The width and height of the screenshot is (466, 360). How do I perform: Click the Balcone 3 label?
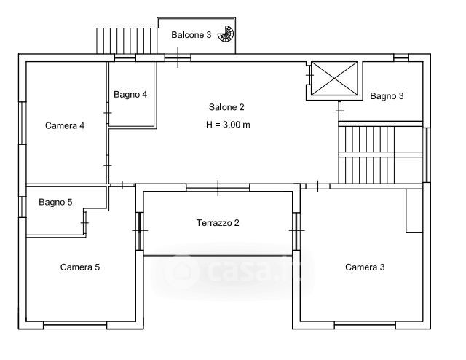(191, 35)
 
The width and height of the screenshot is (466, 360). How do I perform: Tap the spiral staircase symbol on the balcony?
(226, 34)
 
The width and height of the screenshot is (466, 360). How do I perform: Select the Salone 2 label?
(226, 107)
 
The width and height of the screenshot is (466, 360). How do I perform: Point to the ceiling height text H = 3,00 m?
(228, 125)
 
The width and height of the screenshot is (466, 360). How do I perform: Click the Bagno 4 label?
(130, 95)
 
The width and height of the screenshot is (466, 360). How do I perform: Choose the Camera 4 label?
(65, 125)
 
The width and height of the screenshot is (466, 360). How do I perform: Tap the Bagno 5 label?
(55, 203)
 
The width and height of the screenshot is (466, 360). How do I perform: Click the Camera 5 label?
(80, 267)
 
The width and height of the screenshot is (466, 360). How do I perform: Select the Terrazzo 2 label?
(218, 223)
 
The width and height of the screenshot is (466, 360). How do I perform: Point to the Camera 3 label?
(365, 267)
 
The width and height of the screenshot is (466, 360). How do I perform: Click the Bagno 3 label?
(387, 96)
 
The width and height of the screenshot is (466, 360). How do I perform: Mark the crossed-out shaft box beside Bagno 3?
(334, 79)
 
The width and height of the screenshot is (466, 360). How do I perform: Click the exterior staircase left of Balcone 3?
(127, 41)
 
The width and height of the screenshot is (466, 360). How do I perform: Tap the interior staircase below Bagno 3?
(381, 154)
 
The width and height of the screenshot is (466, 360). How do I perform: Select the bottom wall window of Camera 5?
(75, 325)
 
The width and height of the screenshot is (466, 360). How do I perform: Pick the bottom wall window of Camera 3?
(365, 325)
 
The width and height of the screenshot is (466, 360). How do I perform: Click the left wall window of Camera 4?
(23, 123)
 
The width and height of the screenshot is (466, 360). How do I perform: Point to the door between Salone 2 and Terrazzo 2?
(218, 187)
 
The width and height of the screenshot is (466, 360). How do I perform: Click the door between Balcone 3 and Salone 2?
(178, 58)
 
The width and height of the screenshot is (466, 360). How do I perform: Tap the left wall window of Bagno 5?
(23, 207)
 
